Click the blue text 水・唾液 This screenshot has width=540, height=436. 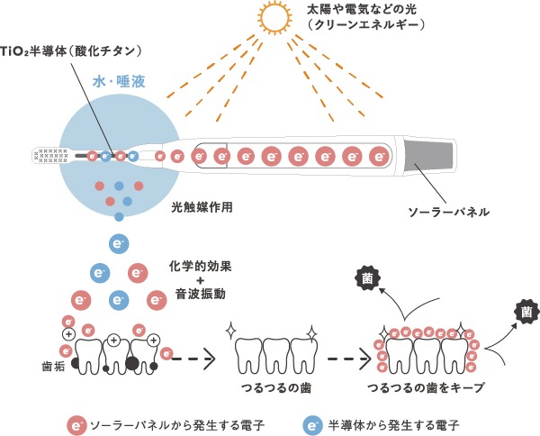[x=116, y=81]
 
